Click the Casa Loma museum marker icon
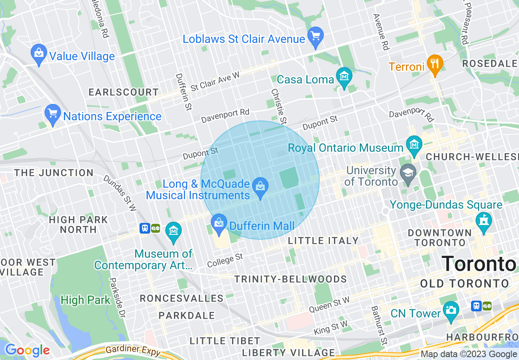pos(344,77)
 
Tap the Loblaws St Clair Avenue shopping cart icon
pos(316,36)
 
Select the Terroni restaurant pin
pos(435,64)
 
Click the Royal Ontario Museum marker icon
pos(414,145)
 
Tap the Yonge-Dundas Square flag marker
pos(484,221)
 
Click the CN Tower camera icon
pos(451,310)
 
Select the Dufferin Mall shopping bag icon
pos(219,223)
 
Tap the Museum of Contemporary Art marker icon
pos(174,231)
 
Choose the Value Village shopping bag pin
pos(39,54)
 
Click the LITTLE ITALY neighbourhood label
pos(323,241)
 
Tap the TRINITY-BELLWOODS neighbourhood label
pos(290,279)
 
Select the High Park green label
pos(85,300)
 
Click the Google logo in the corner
pos(27,350)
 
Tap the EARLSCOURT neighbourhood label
pos(123,92)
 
